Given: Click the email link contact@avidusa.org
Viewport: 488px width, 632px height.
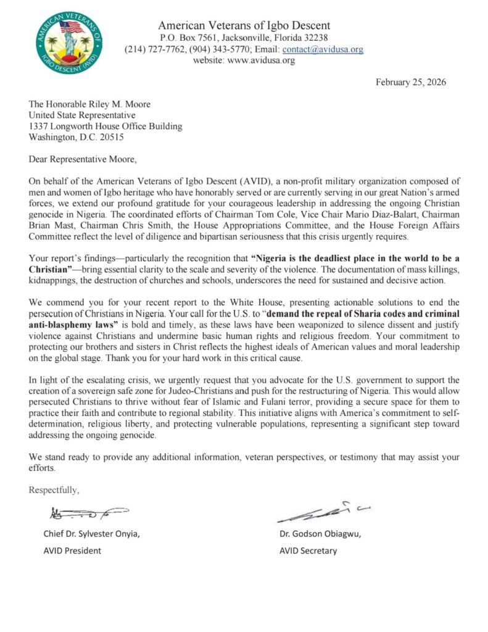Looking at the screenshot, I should pyautogui.click(x=323, y=49).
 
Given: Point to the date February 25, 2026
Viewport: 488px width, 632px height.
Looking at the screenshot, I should pyautogui.click(x=410, y=82).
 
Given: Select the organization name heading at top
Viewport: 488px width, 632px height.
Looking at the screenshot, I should pyautogui.click(x=244, y=25).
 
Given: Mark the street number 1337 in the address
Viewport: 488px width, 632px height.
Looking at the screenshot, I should pyautogui.click(x=39, y=126).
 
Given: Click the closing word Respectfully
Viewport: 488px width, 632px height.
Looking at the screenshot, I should pyautogui.click(x=54, y=491).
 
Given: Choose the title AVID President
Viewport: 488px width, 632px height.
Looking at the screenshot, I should pyautogui.click(x=72, y=551).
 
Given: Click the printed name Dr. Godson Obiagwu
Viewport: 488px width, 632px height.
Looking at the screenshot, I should pyautogui.click(x=320, y=534).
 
